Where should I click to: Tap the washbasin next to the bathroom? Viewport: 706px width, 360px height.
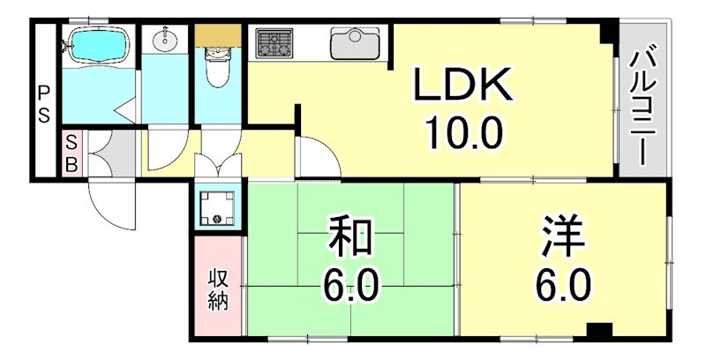pos(165,41)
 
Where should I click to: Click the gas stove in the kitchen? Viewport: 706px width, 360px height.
pos(274,42)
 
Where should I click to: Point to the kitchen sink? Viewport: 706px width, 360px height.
pos(356,42)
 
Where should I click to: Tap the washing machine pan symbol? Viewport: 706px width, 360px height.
pos(217,208)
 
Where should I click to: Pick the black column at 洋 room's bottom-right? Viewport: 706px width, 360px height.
pos(600,332)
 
